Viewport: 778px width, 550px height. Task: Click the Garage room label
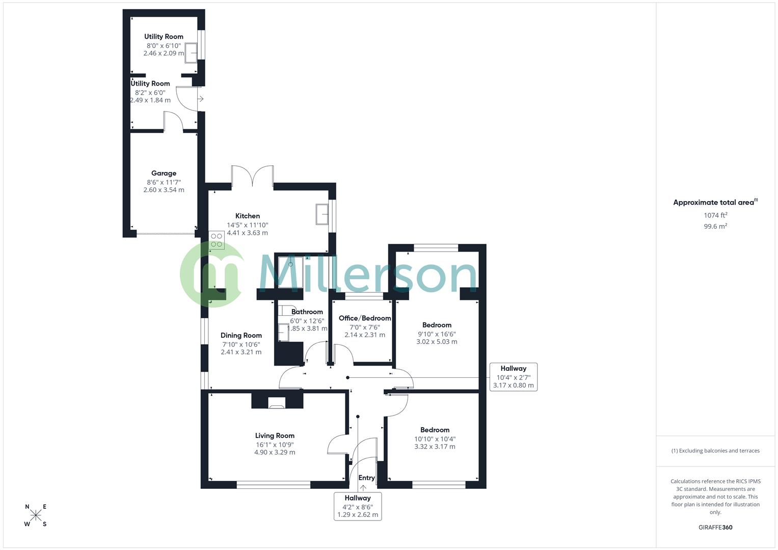[x=164, y=173]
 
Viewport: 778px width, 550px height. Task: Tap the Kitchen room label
[x=248, y=216]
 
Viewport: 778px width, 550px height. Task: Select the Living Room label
[x=275, y=435]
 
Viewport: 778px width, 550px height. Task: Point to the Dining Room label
[x=241, y=335]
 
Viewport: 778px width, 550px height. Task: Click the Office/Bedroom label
[x=365, y=318]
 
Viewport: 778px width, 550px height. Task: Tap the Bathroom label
[x=307, y=312]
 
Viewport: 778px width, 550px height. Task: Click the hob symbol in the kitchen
[x=217, y=240]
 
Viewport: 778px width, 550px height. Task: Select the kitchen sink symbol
[x=323, y=214]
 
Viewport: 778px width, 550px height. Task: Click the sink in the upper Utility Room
[x=192, y=52]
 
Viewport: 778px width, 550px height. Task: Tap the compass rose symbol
[x=36, y=515]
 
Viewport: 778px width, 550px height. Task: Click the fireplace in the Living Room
[x=277, y=404]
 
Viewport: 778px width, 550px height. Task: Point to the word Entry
[x=366, y=478]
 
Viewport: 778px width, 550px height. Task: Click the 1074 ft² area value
[x=715, y=215]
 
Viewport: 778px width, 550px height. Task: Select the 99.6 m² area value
[x=715, y=227]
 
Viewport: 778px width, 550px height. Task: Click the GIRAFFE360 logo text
[x=715, y=528]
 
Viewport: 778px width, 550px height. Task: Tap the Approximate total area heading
[x=715, y=202]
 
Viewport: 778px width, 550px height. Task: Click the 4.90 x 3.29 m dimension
[x=275, y=452]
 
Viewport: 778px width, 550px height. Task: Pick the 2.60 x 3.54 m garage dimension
[x=164, y=190]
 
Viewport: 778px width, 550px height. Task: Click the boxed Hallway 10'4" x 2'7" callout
[x=513, y=377]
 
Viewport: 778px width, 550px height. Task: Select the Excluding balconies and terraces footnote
[x=715, y=451]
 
